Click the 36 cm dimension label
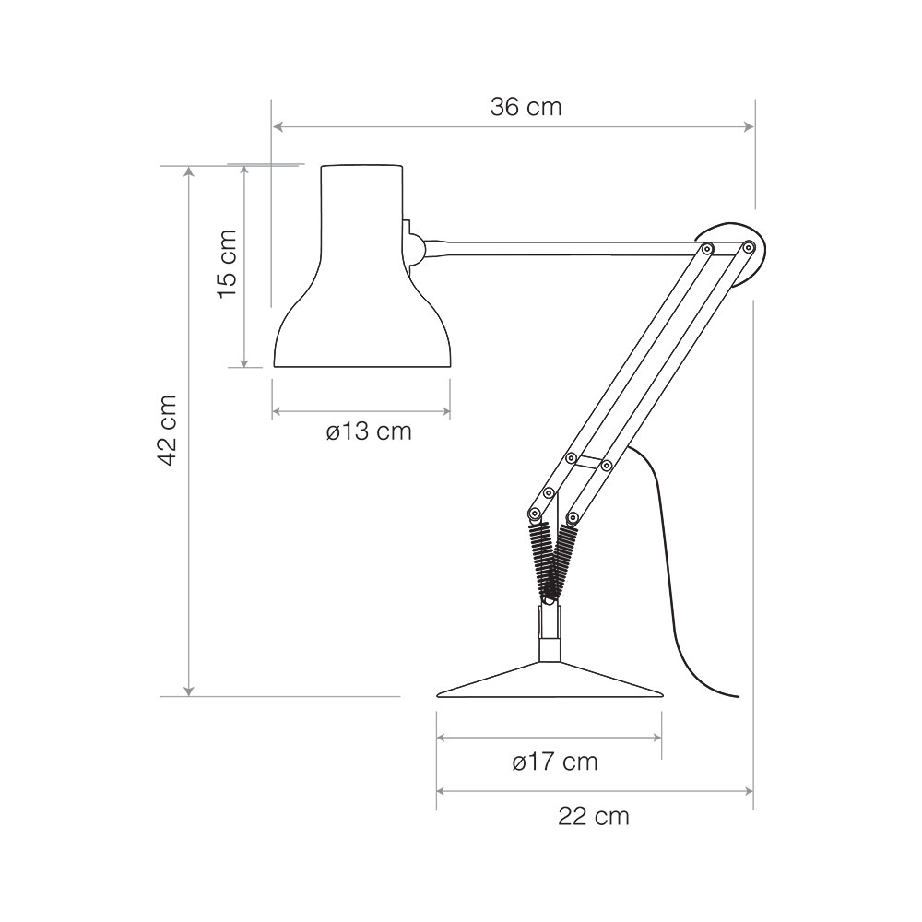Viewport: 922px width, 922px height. [526, 107]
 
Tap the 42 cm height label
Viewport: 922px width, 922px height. [168, 430]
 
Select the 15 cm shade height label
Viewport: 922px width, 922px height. [227, 264]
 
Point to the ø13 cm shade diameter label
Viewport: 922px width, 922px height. [369, 431]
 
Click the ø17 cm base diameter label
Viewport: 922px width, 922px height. [554, 762]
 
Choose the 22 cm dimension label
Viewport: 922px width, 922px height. [593, 816]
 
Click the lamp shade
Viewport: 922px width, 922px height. [362, 266]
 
